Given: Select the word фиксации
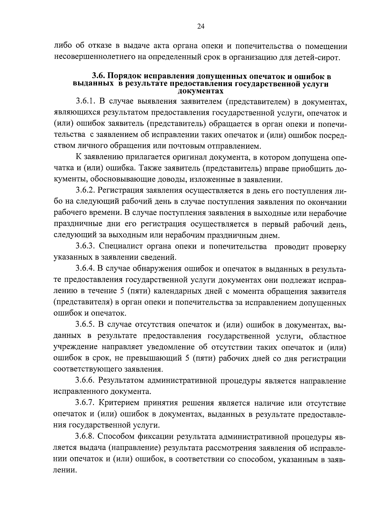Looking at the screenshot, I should point(155,436).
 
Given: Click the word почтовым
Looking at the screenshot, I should point(191,146).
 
